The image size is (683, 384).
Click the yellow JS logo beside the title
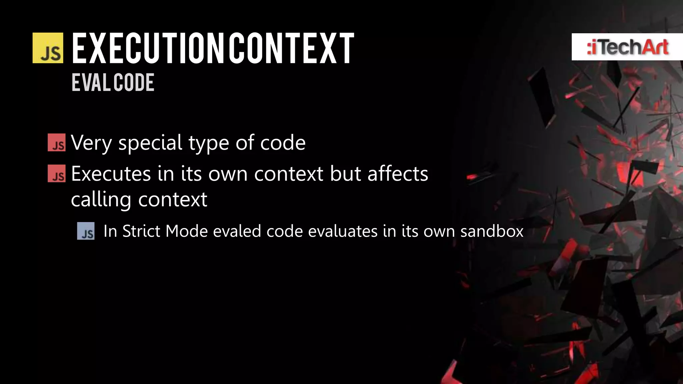48,48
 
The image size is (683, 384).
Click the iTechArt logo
627,47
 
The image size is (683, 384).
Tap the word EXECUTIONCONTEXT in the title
213,48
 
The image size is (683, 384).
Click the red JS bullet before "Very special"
57,143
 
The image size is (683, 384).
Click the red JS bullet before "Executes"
57,174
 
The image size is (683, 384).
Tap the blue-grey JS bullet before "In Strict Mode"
86,231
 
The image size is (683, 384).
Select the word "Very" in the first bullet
91,143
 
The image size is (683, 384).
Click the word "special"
150,143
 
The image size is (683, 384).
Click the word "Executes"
111,174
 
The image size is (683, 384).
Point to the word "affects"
398,174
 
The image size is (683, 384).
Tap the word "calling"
101,200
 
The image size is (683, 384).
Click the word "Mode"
186,231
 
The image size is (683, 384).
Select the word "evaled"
237,231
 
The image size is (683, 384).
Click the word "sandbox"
492,231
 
